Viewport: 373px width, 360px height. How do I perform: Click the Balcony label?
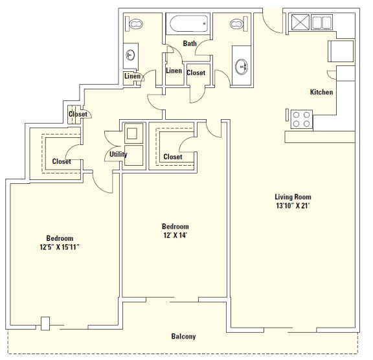point(183,336)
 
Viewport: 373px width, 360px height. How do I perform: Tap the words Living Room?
point(293,197)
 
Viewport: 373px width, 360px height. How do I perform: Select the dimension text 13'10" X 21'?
point(293,207)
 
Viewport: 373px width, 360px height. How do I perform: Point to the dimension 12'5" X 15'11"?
point(59,247)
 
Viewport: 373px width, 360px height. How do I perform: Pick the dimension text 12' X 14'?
point(175,236)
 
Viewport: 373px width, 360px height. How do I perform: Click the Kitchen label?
point(321,92)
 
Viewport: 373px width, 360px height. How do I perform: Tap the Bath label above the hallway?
point(190,43)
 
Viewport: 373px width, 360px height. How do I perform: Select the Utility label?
point(118,154)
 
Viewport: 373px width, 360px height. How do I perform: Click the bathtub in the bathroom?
point(188,25)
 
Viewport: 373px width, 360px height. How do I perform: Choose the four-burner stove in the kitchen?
point(301,119)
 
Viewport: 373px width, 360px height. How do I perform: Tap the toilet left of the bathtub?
point(136,24)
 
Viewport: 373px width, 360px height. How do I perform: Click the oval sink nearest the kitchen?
point(243,65)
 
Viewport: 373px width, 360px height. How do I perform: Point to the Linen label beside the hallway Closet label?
point(174,71)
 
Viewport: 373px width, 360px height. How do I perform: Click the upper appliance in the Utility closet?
point(134,133)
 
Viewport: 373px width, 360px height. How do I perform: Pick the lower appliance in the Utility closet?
point(133,159)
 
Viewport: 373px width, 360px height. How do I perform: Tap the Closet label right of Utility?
point(173,157)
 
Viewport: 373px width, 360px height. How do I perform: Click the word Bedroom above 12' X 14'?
point(175,226)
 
